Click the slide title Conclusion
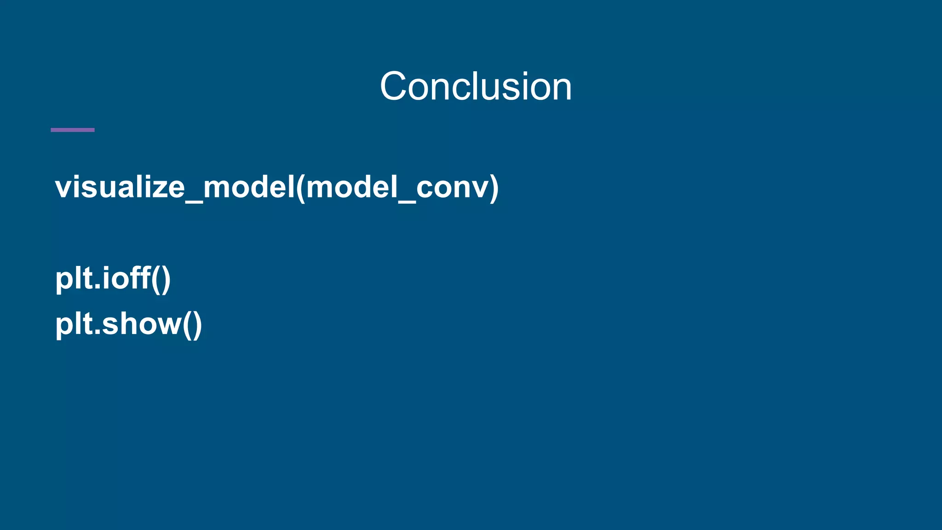[476, 86]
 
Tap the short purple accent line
[73, 130]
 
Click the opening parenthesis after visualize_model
[300, 188]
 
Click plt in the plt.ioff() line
[74, 278]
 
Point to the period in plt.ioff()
[98, 288]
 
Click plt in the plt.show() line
[74, 324]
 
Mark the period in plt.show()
[98, 334]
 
